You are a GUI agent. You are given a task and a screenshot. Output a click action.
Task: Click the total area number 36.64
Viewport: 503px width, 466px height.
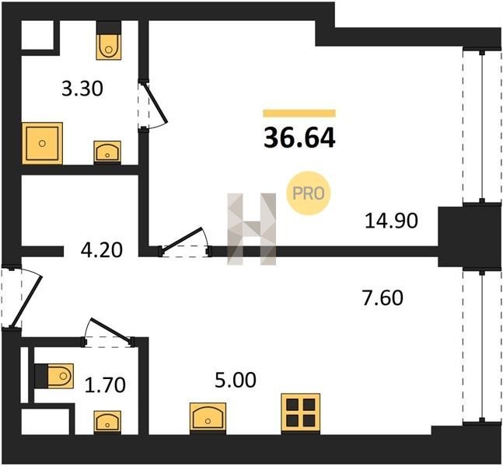pos(299,138)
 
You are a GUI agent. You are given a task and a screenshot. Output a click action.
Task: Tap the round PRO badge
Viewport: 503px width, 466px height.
pos(309,193)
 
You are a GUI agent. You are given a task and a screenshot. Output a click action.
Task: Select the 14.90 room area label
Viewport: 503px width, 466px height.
pos(391,221)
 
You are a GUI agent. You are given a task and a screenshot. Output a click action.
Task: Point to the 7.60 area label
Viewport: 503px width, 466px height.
pos(382,297)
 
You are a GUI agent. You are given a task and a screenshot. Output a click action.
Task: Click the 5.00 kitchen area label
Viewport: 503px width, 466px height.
pos(236,380)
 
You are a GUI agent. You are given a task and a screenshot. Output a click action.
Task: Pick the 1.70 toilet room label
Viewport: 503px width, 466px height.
pos(105,385)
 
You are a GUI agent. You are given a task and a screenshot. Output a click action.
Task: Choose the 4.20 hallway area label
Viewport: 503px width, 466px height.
pos(102,250)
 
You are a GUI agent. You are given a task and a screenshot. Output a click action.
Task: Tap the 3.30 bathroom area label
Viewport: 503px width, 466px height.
pos(82,89)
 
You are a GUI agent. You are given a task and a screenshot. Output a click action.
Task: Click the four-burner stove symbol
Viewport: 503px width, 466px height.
pos(301,413)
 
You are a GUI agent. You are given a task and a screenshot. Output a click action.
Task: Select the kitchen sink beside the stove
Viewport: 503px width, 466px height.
pos(208,419)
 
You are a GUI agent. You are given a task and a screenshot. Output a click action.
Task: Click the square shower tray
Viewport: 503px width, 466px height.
pos(42,143)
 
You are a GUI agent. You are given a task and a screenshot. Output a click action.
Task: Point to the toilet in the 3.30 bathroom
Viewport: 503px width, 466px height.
pos(109,40)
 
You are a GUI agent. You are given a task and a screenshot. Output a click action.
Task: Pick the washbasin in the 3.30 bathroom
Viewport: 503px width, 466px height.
pos(107,152)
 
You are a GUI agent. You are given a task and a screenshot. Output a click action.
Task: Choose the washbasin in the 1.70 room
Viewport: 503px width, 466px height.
pos(107,422)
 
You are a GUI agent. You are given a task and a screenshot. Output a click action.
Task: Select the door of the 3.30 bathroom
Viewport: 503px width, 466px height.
pos(153,105)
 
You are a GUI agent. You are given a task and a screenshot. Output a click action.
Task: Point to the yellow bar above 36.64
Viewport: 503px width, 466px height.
pos(299,113)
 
